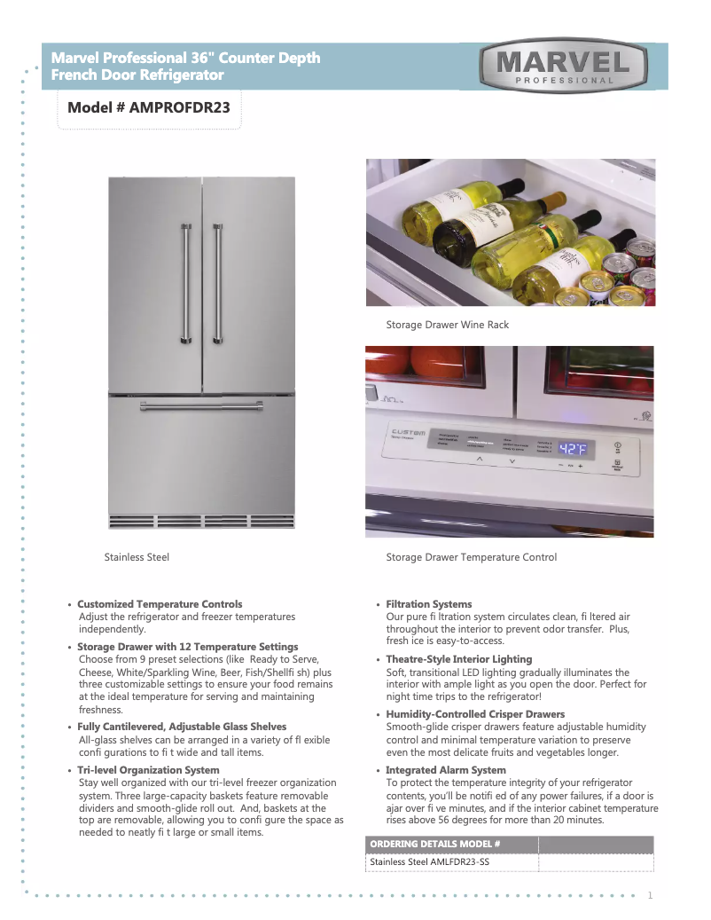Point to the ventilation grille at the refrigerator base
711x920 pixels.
(x=201, y=520)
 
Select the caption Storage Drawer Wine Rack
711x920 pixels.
(x=447, y=325)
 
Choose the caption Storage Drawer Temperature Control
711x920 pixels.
(x=471, y=557)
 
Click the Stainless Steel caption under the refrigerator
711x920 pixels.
(x=137, y=557)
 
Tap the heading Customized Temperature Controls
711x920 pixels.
(x=160, y=604)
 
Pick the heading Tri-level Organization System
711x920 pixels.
(x=148, y=770)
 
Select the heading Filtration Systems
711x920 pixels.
(x=428, y=604)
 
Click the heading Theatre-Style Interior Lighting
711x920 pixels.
(x=458, y=659)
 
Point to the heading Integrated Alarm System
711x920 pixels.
(x=445, y=770)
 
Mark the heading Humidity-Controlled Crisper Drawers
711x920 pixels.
(x=475, y=714)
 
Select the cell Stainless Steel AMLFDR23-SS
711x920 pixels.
(x=429, y=861)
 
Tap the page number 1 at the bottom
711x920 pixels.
(x=650, y=894)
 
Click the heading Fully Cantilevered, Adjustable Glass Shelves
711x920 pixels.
(x=182, y=727)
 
